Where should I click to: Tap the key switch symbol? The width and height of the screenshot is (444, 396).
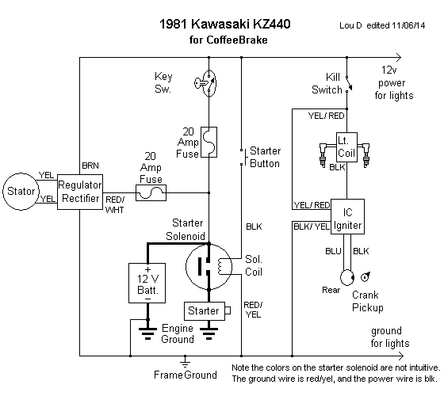pyautogui.click(x=206, y=83)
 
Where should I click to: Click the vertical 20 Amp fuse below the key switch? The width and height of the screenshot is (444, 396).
pyautogui.click(x=209, y=142)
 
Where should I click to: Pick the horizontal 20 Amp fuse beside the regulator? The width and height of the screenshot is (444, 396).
pyautogui.click(x=151, y=193)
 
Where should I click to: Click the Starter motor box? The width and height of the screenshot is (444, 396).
pyautogui.click(x=205, y=311)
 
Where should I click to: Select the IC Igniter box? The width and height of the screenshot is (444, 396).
pyautogui.click(x=347, y=217)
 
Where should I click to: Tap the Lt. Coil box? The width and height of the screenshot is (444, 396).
pyautogui.click(x=346, y=147)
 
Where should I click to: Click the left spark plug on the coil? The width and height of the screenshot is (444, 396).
pyautogui.click(x=323, y=155)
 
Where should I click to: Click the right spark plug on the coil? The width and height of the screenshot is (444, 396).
pyautogui.click(x=366, y=155)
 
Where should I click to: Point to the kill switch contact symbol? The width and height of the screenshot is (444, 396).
pyautogui.click(x=348, y=84)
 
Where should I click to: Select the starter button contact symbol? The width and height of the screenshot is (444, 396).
pyautogui.click(x=243, y=157)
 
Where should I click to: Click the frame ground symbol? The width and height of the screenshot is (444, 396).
pyautogui.click(x=185, y=361)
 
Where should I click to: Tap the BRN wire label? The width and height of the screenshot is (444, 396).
pyautogui.click(x=90, y=166)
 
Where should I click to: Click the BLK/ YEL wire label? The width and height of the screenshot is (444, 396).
pyautogui.click(x=312, y=227)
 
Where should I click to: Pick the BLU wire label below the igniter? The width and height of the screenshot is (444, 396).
pyautogui.click(x=333, y=251)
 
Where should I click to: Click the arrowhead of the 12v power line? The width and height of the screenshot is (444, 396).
pyautogui.click(x=399, y=57)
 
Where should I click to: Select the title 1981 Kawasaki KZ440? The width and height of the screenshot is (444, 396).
pyautogui.click(x=225, y=24)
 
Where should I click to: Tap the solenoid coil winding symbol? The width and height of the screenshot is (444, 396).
pyautogui.click(x=221, y=266)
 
